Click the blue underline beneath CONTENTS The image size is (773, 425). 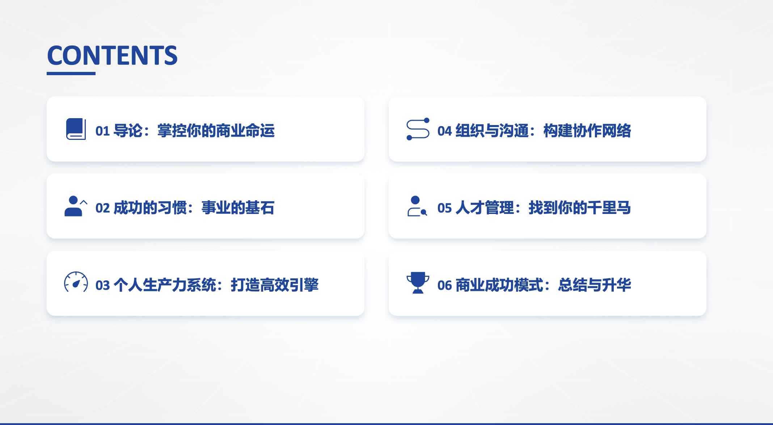click(71, 73)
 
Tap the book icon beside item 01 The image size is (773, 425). click(76, 129)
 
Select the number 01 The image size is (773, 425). click(102, 131)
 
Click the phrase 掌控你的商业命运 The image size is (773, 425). click(216, 131)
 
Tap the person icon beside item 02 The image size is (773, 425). click(76, 206)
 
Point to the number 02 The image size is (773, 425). click(102, 208)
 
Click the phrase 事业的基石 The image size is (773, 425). click(238, 208)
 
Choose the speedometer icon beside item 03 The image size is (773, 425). click(76, 282)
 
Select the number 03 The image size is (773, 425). click(102, 286)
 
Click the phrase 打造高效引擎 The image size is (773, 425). click(275, 285)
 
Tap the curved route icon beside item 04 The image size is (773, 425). click(418, 129)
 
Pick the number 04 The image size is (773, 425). click(444, 131)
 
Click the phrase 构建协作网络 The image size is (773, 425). click(587, 131)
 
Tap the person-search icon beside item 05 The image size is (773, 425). click(417, 206)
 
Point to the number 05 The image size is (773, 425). click(444, 208)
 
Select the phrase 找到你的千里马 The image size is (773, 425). click(580, 208)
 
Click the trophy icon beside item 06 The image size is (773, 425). click(418, 283)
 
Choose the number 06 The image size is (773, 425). click(444, 286)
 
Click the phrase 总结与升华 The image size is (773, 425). click(595, 285)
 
